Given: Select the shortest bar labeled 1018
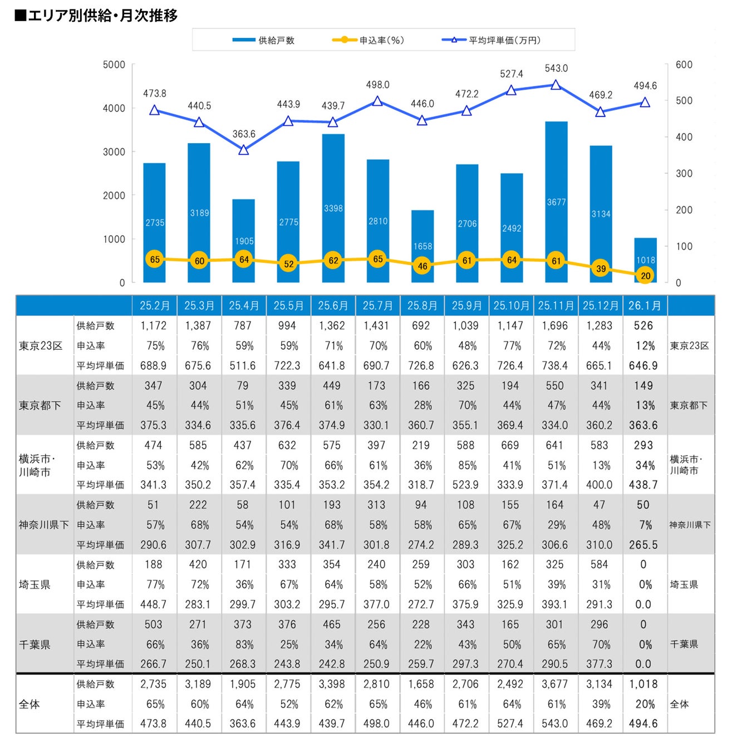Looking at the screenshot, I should click(645, 260).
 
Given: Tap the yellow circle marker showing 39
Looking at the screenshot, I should click(601, 268).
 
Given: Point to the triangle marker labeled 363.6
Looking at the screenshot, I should click(243, 150).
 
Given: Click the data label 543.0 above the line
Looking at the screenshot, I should click(556, 69).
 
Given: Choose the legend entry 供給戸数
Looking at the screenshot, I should click(264, 40).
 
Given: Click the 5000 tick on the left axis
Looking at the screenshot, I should click(114, 65).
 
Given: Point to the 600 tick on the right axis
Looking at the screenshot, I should click(684, 65).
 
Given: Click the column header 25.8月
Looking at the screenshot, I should click(422, 306).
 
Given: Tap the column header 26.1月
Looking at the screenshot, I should click(645, 306).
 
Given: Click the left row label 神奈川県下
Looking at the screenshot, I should click(44, 525).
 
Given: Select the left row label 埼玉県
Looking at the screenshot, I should click(35, 584).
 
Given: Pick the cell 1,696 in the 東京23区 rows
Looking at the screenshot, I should click(555, 326).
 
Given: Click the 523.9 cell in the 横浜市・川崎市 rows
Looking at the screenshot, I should click(465, 485).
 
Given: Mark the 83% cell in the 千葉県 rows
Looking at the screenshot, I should click(244, 644).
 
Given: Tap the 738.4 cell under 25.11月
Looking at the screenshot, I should click(555, 366).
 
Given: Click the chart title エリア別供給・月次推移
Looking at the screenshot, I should click(96, 16).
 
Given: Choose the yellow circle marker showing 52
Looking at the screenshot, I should click(288, 263).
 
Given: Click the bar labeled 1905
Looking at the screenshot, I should click(244, 241).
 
